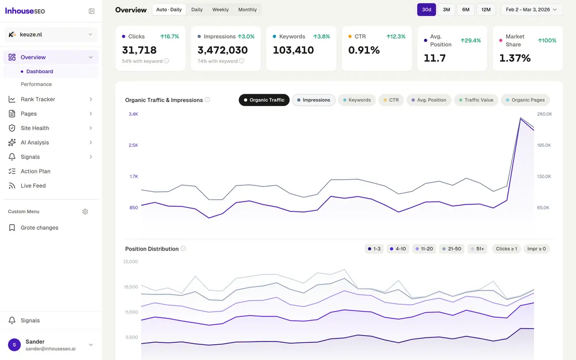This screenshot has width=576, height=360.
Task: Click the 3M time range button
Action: pyautogui.click(x=446, y=10)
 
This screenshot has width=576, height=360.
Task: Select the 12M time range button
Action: pyautogui.click(x=486, y=10)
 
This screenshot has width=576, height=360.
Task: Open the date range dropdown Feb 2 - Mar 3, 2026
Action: pyautogui.click(x=532, y=10)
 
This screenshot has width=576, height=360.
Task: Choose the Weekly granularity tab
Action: pyautogui.click(x=220, y=10)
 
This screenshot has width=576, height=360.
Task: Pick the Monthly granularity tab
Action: pyautogui.click(x=248, y=10)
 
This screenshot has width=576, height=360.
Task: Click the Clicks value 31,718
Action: pyautogui.click(x=139, y=50)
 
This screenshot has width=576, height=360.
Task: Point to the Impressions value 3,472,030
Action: pyautogui.click(x=222, y=50)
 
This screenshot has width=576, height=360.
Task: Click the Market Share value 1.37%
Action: pyautogui.click(x=515, y=58)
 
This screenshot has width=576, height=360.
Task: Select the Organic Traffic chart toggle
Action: pyautogui.click(x=264, y=100)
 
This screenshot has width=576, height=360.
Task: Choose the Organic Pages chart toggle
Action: pyautogui.click(x=525, y=100)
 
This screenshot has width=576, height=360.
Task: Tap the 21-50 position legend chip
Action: pyautogui.click(x=452, y=249)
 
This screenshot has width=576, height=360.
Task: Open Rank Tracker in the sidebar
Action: pyautogui.click(x=38, y=99)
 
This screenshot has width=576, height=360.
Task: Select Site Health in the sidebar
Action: pyautogui.click(x=35, y=128)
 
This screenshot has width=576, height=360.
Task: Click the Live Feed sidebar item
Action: pyautogui.click(x=33, y=185)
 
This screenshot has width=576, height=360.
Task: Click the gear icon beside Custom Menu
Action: pyautogui.click(x=85, y=211)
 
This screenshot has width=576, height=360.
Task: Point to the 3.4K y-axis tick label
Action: pyautogui.click(x=133, y=114)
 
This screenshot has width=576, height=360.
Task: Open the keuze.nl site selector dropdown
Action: pyautogui.click(x=51, y=35)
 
